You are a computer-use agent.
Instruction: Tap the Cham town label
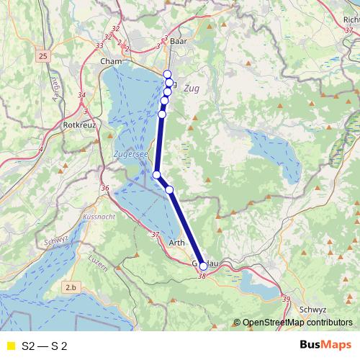112,62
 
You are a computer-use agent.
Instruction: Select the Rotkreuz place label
77,125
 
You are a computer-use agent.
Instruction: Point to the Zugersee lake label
131,154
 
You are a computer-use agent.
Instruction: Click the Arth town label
176,243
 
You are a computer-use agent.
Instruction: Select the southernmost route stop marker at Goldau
203,266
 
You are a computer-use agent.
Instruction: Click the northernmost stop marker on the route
167,74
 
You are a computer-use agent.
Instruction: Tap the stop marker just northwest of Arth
170,189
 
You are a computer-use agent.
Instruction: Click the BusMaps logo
325,346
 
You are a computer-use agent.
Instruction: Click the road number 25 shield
43,55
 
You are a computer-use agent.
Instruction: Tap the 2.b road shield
70,287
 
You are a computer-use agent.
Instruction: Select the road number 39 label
286,299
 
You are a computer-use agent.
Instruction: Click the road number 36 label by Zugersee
106,189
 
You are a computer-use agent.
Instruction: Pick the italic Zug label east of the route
191,89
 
